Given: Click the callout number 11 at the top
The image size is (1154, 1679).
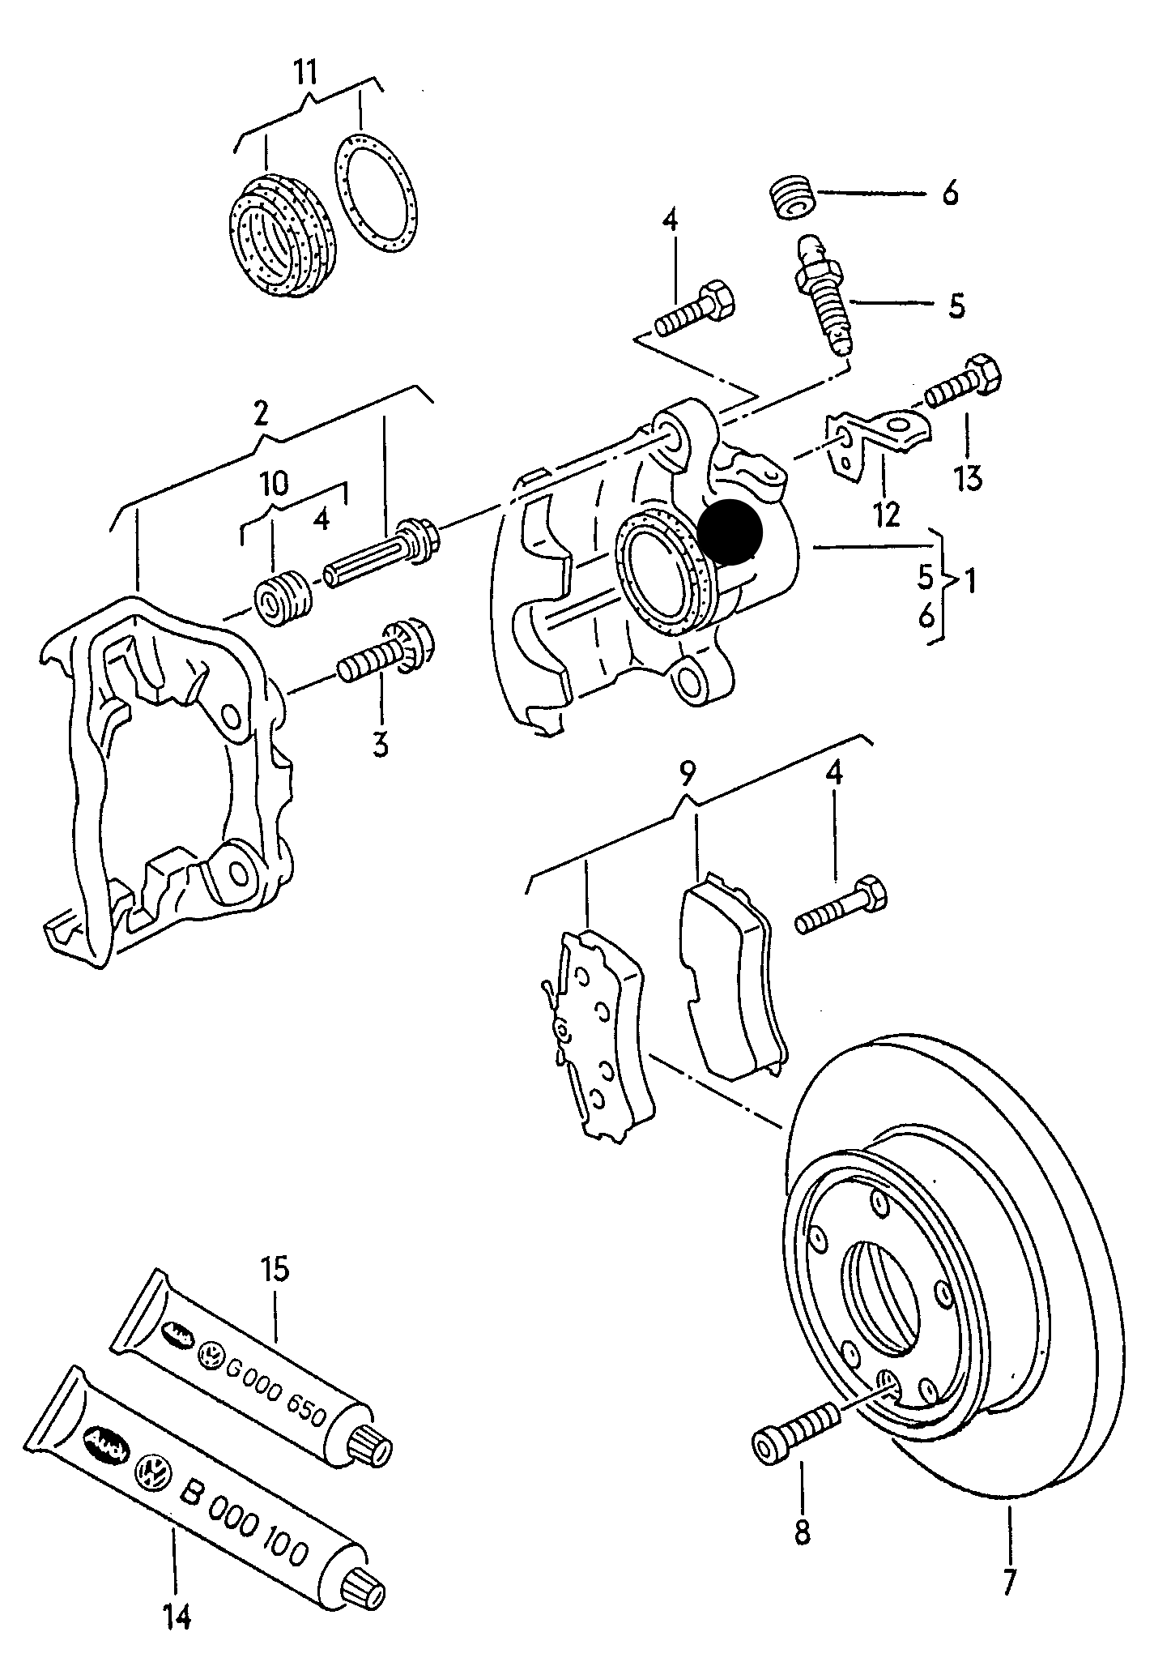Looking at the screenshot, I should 304,72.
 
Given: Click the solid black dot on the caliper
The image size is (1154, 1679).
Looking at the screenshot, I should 730,532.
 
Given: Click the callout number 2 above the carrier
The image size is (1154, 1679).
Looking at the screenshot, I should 260,412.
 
